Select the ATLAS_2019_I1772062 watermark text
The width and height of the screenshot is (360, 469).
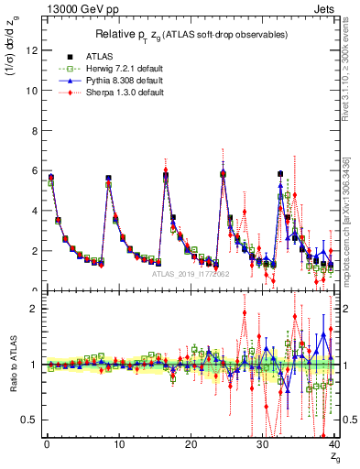(189, 274)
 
